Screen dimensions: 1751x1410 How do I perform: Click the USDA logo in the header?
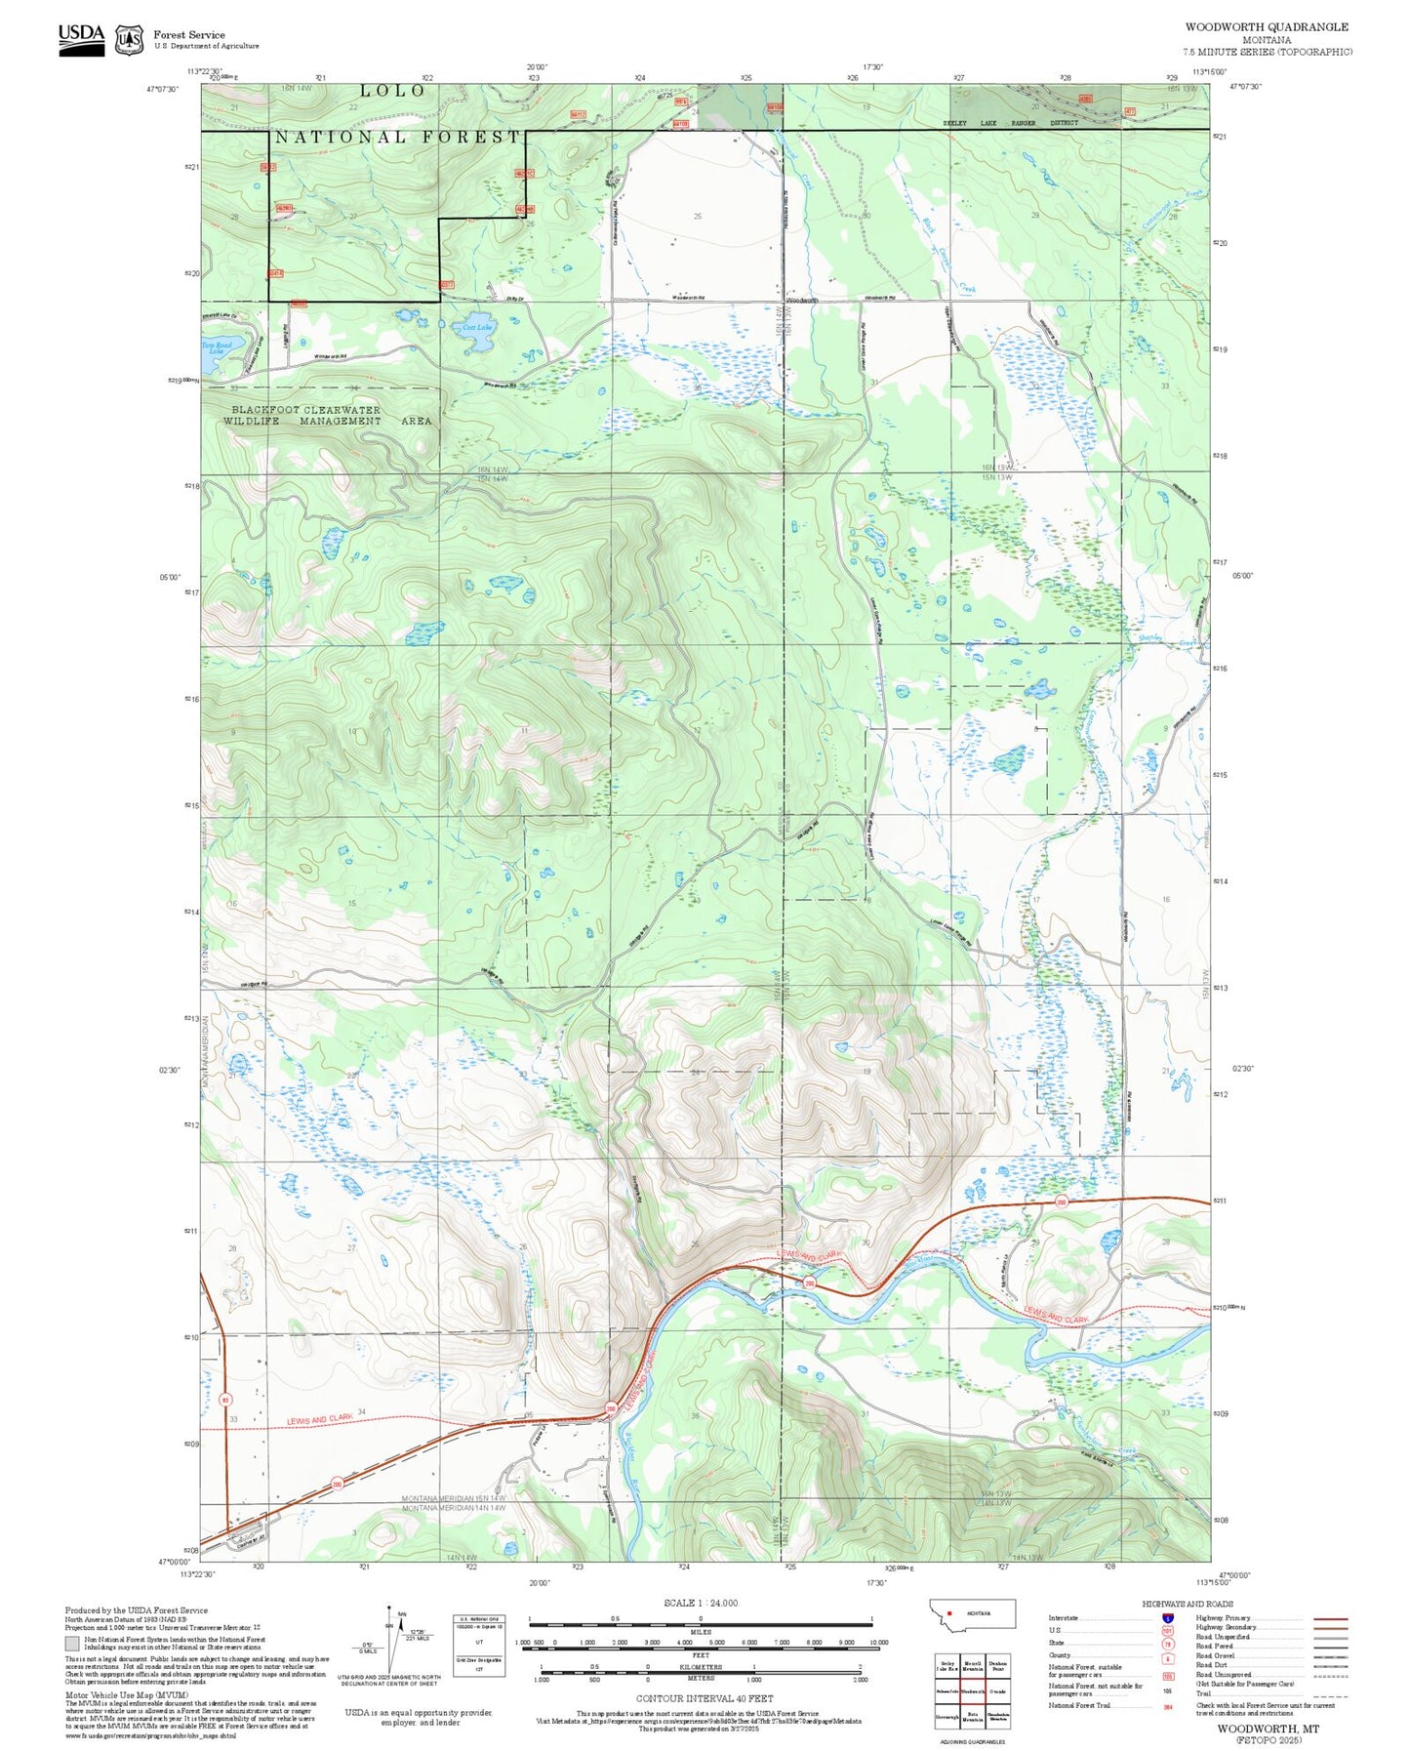(81, 38)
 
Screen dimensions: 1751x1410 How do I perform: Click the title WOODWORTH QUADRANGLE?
(1267, 27)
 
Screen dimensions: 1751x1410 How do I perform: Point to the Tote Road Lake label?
(217, 347)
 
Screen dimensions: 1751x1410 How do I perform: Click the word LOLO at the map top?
(393, 91)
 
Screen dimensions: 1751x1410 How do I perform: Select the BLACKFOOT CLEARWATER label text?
(305, 410)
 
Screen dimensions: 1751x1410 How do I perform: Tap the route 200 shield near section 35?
(611, 1408)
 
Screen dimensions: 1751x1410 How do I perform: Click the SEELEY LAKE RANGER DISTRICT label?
(1010, 123)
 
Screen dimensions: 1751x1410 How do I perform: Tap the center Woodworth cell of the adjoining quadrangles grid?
(972, 1691)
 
